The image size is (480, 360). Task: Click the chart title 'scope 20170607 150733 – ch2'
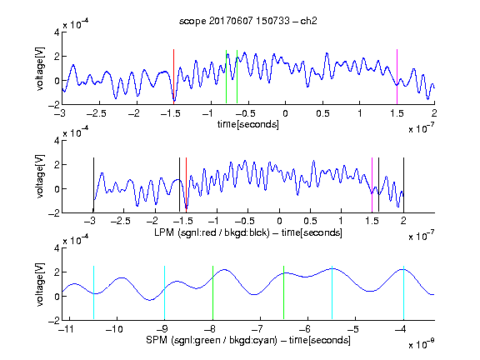coord(248,21)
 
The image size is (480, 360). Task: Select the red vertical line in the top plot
coord(173,77)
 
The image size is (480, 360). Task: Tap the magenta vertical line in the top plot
coord(397,77)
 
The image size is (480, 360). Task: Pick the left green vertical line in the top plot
coord(226,77)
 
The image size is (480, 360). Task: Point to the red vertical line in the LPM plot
coord(186,185)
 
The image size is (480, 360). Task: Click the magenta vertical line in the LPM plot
coord(372,185)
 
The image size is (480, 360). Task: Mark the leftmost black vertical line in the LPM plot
coord(93,185)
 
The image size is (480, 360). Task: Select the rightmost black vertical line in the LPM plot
coord(403,185)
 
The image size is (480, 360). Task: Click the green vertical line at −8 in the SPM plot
coord(212,292)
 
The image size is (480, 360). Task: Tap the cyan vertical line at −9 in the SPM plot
coord(165,292)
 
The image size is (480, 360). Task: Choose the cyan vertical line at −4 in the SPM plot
coord(404,292)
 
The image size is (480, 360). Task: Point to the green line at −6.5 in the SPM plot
coord(284,292)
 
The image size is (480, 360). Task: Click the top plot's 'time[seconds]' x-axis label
coord(248,124)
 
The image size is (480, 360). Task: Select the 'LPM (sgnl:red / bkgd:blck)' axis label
coord(212,232)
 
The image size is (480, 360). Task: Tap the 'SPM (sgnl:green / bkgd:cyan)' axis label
coord(212,340)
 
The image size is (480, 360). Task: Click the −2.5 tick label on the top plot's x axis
coord(97,113)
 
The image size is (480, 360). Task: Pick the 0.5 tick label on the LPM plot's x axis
coord(310,221)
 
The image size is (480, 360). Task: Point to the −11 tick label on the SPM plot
coord(66,329)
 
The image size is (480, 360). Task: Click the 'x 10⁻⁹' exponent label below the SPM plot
coord(421,344)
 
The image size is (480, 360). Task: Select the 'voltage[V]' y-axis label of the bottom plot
coord(40,285)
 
